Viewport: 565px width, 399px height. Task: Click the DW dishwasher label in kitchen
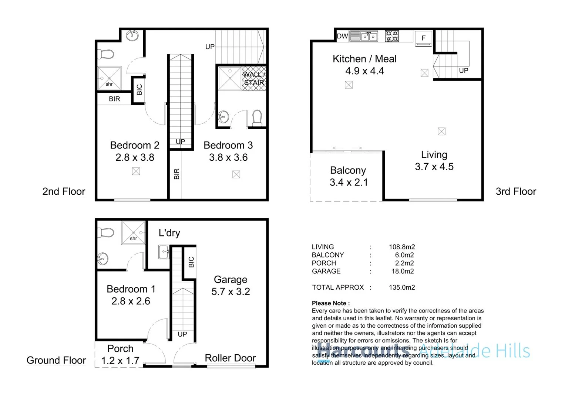[x=342, y=36]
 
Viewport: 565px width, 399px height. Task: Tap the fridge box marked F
[x=424, y=38]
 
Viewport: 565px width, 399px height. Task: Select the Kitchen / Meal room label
[x=364, y=59]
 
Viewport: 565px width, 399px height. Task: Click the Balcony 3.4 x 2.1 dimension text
[x=349, y=183]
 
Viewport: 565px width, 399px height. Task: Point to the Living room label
[x=434, y=154]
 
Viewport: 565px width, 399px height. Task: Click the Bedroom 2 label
[x=135, y=145]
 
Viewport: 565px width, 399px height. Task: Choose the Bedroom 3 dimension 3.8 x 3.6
[x=228, y=157]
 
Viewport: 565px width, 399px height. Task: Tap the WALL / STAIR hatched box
[x=254, y=78]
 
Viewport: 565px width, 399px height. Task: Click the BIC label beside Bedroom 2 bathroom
[x=139, y=90]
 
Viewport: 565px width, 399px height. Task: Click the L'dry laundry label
[x=169, y=233]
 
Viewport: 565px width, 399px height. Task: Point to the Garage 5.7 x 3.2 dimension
[x=231, y=291]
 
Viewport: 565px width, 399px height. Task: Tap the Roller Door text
[x=230, y=358]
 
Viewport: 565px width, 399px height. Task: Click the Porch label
[x=120, y=348]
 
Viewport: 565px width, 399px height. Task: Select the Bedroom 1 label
[x=131, y=289]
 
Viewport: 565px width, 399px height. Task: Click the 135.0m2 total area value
[x=402, y=287]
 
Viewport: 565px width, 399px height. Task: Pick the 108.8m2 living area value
[x=402, y=247]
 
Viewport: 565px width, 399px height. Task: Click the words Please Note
[x=330, y=303]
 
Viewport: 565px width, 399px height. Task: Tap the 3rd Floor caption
[x=516, y=191]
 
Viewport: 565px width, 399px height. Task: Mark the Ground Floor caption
[x=56, y=360]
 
